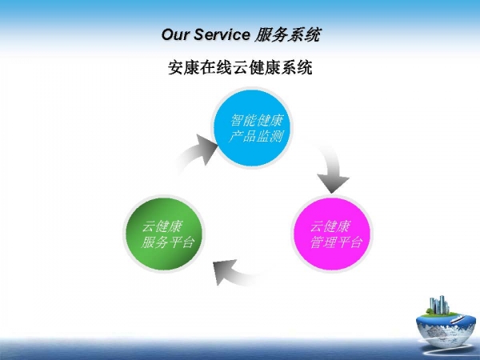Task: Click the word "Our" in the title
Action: click(174, 34)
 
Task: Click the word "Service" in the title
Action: click(222, 34)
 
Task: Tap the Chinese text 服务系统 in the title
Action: click(288, 34)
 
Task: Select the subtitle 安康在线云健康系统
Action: click(240, 68)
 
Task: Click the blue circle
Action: click(252, 128)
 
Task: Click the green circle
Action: click(164, 234)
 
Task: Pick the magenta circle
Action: click(332, 234)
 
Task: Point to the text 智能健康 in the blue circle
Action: click(257, 120)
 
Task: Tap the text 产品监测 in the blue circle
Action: click(256, 136)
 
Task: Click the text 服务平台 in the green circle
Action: click(168, 242)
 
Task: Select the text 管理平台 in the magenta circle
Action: click(336, 242)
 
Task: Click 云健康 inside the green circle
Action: click(162, 227)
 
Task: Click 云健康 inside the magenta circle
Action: click(330, 227)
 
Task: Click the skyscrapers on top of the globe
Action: click(438, 305)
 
